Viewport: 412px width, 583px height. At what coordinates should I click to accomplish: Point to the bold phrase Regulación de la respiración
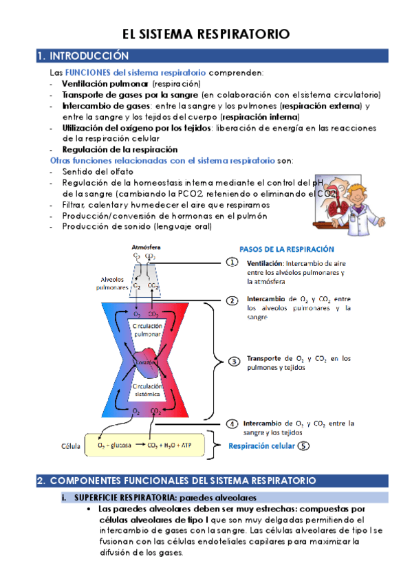tap(120, 149)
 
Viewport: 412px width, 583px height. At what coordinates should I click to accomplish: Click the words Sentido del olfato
tap(98, 171)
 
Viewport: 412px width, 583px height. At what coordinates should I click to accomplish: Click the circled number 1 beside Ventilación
tap(232, 262)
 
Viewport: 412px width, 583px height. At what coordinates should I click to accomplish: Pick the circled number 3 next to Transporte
tap(234, 361)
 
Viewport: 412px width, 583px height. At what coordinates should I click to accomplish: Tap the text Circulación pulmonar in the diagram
tap(147, 329)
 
